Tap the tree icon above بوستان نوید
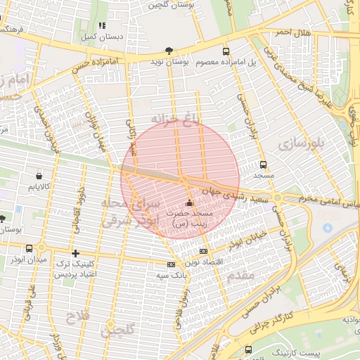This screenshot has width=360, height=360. pyautogui.click(x=168, y=50)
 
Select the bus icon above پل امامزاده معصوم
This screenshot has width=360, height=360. pyautogui.click(x=226, y=51)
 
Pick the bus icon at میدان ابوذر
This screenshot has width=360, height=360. pyautogui.click(x=29, y=248)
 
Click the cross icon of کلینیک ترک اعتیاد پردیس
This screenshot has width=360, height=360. pyautogui.click(x=76, y=253)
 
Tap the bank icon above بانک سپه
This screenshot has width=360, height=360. pyautogui.click(x=171, y=264)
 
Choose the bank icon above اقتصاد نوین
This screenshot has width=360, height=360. pyautogui.click(x=203, y=251)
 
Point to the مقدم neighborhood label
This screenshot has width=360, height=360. pyautogui.click(x=240, y=277)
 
